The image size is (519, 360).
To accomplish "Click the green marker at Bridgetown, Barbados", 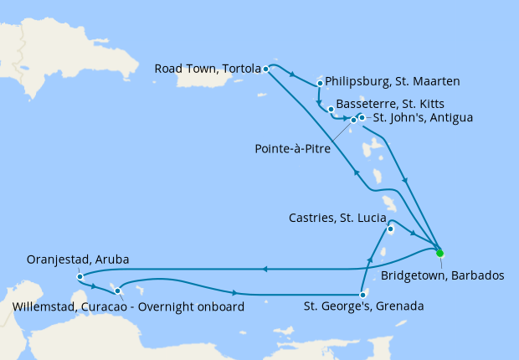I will (439, 252).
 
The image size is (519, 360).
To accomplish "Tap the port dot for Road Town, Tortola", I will (265, 69).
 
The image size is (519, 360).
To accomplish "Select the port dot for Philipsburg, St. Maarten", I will (321, 83).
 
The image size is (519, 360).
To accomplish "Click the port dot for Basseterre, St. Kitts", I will (331, 109).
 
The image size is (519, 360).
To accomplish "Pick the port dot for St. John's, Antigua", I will (362, 117).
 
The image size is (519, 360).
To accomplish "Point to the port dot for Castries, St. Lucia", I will (390, 228).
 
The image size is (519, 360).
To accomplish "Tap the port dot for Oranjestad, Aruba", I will (79, 276).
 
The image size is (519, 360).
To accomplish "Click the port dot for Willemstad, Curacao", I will (118, 291).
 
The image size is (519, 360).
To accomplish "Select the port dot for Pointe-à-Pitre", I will (353, 120).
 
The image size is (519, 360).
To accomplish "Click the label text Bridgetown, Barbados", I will (442, 274).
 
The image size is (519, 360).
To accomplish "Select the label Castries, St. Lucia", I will (331, 219).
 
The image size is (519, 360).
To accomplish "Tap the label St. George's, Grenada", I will (363, 307).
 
